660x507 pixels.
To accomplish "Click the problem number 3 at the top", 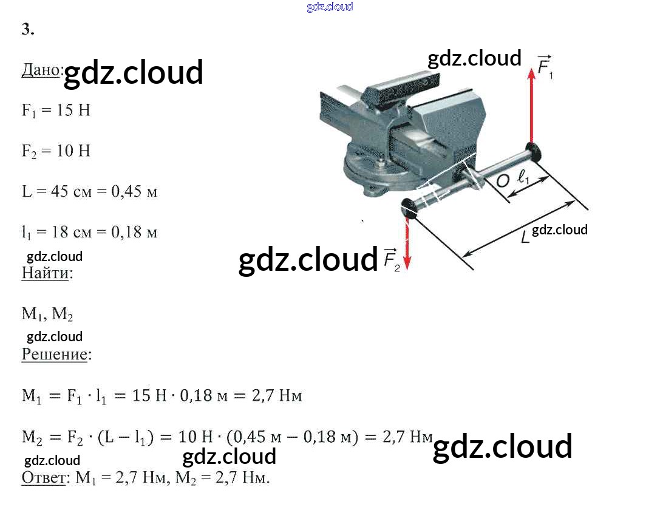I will click(x=27, y=30).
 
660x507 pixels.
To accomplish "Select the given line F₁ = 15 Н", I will click(x=56, y=111).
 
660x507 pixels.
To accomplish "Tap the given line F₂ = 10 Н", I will click(x=56, y=151).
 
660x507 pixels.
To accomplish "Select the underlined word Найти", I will click(x=46, y=273).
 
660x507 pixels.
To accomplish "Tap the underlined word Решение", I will click(x=55, y=354).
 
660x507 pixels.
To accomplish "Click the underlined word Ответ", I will click(x=43, y=477).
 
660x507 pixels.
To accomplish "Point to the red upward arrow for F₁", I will click(x=531, y=103).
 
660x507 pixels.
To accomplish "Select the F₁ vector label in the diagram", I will click(x=545, y=67).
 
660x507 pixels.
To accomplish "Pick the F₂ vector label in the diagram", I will click(x=392, y=259).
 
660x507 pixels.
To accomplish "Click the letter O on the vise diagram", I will click(x=503, y=180).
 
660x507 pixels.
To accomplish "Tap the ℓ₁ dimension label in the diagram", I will click(x=523, y=178).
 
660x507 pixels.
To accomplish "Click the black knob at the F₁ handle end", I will click(x=534, y=152).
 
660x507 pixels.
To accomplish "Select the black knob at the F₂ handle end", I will click(x=409, y=207).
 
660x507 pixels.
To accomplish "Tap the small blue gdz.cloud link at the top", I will click(x=330, y=7).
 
